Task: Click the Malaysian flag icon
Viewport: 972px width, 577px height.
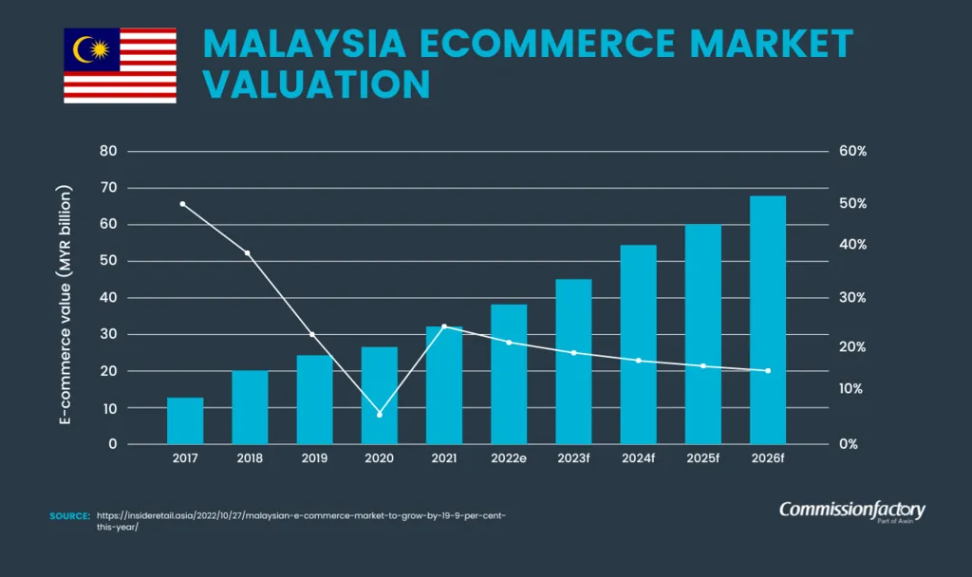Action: click(120, 65)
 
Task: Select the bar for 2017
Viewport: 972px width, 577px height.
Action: click(185, 420)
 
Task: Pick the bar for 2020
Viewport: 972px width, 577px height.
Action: click(380, 396)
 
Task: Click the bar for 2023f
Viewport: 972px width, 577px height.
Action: click(573, 362)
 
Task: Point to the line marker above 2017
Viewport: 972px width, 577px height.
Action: click(182, 204)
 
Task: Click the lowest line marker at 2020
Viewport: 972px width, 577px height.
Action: click(380, 415)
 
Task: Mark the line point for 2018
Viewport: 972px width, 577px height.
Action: click(248, 253)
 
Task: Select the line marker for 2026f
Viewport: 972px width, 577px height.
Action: click(768, 371)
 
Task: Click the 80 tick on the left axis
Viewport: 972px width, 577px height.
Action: click(108, 152)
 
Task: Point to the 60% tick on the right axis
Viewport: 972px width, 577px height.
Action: click(852, 152)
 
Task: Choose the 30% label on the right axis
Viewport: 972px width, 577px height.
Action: click(852, 297)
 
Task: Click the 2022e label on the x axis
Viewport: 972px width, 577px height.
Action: click(509, 458)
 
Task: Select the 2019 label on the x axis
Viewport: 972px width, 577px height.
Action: click(314, 458)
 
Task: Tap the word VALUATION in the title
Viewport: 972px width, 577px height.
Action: click(317, 84)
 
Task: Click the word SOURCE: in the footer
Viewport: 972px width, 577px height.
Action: click(69, 515)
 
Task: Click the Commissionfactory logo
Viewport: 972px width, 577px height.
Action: click(851, 512)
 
